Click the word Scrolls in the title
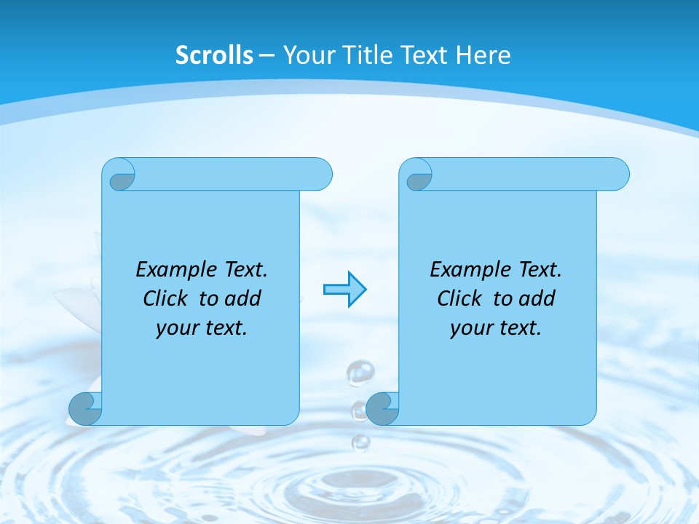tap(214, 55)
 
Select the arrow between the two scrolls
tap(344, 290)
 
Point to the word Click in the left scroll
tap(167, 298)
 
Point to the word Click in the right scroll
tap(460, 298)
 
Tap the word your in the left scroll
tap(175, 328)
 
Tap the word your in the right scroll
tap(469, 328)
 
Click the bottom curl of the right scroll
tap(382, 409)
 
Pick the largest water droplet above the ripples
tap(360, 373)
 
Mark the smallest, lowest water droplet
tap(360, 442)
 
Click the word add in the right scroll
tap(537, 298)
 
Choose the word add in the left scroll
tap(243, 298)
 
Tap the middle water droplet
tap(359, 410)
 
